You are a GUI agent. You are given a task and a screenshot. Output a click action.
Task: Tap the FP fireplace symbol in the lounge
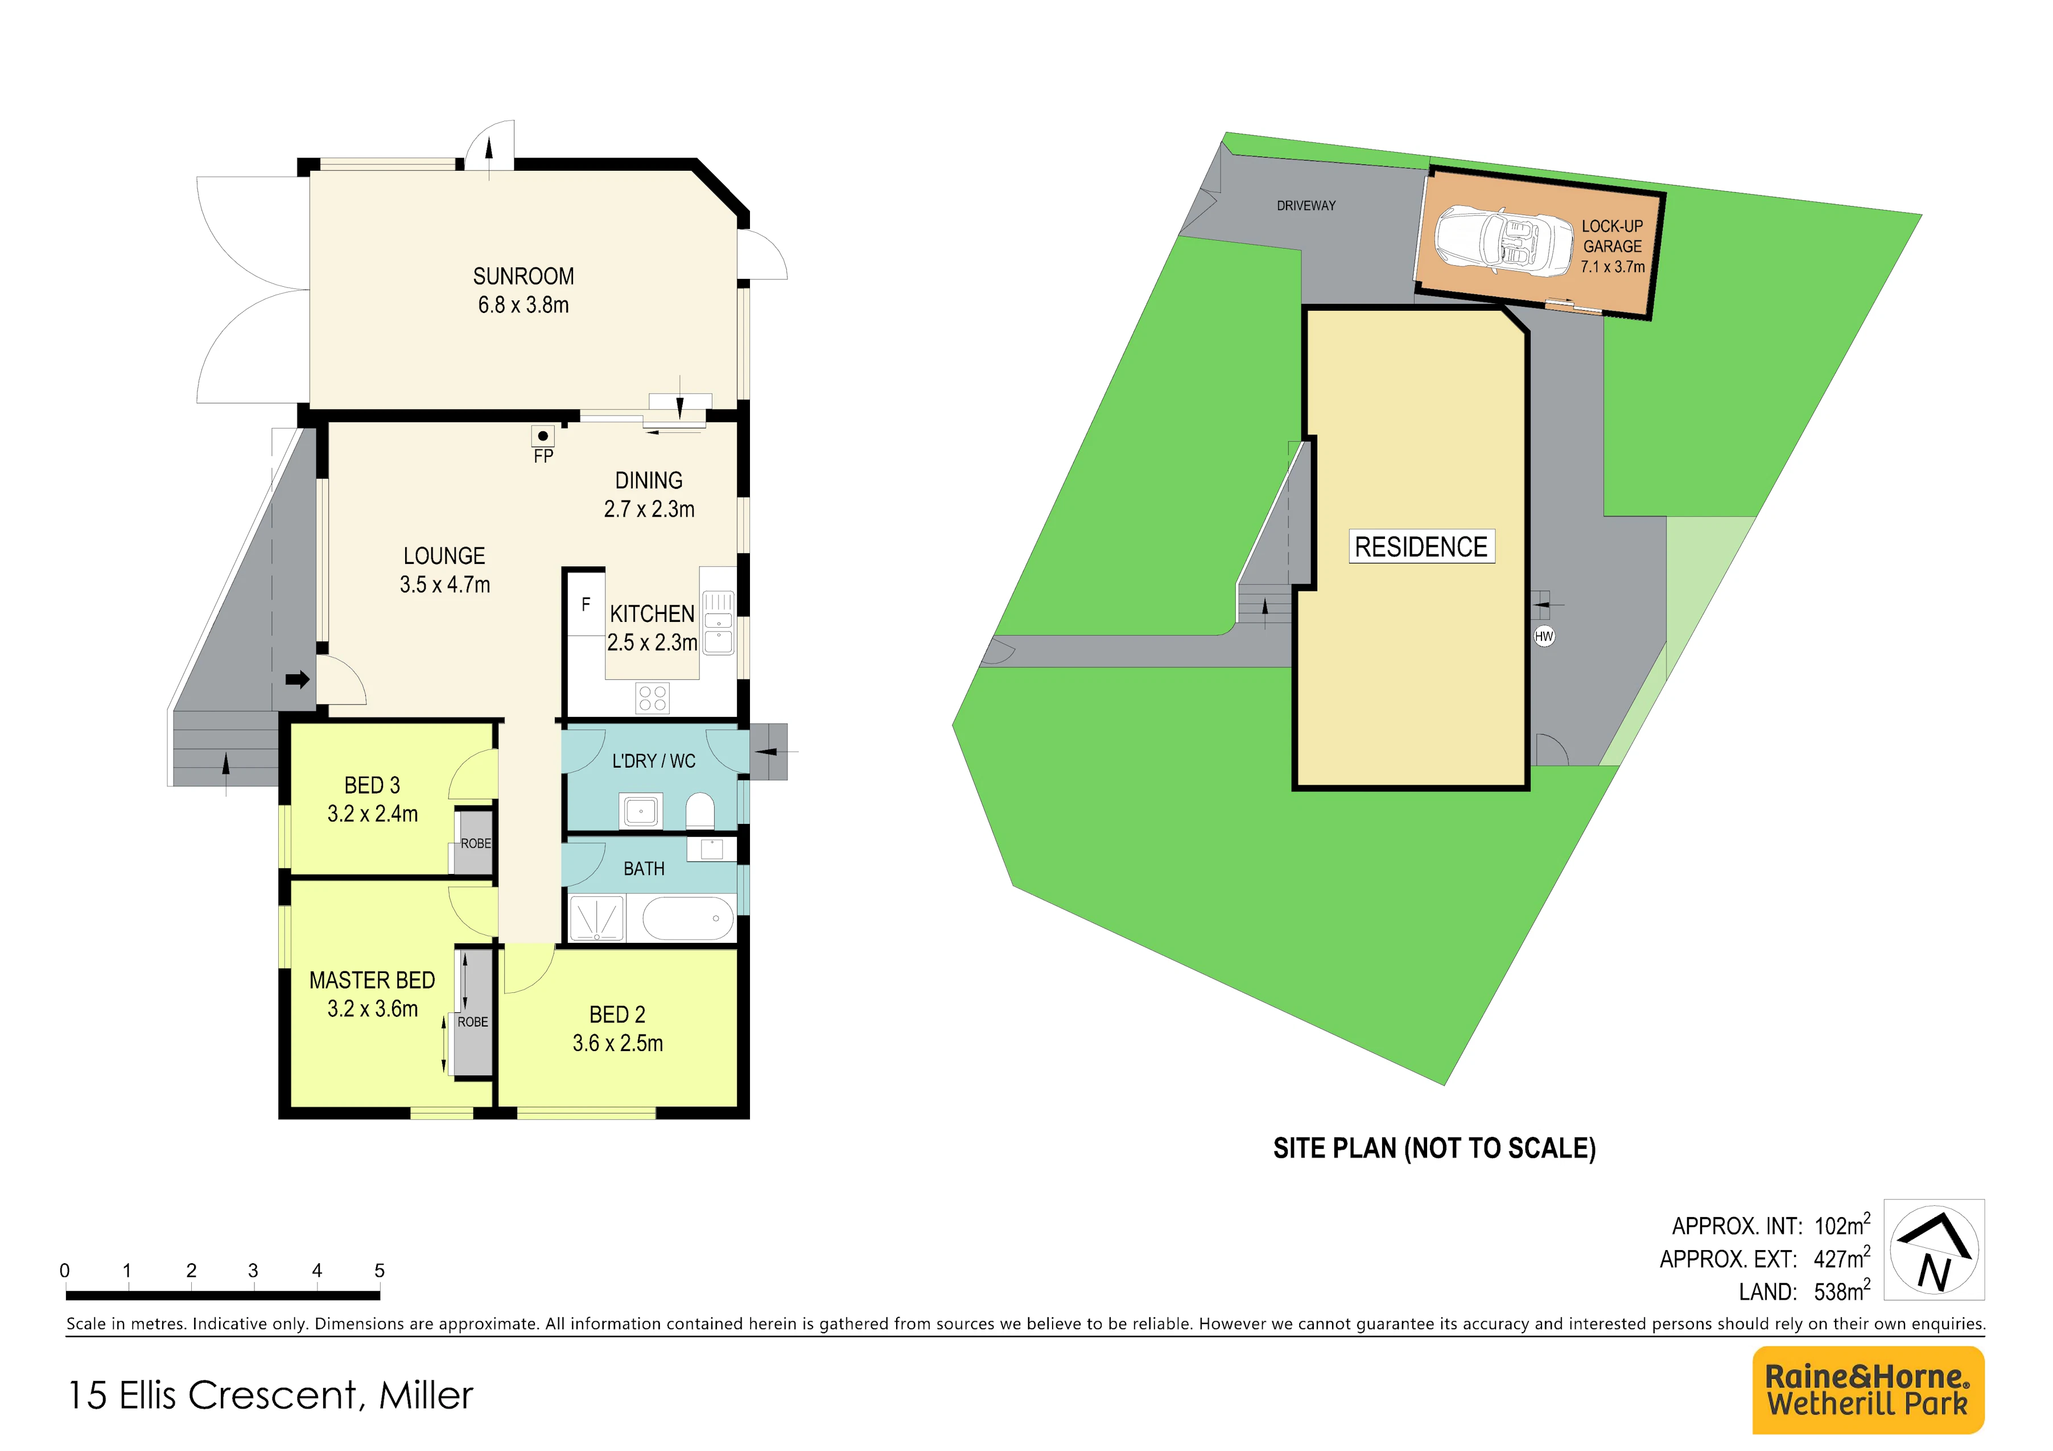[x=543, y=436]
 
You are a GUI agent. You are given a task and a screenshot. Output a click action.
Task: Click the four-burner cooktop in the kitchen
[x=653, y=698]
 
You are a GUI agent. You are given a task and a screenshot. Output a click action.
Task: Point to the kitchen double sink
[x=718, y=623]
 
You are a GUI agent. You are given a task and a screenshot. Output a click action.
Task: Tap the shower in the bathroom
[x=596, y=918]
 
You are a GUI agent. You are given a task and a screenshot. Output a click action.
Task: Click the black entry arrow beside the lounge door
[x=297, y=679]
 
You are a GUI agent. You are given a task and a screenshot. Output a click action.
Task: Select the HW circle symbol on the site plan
[x=1544, y=637]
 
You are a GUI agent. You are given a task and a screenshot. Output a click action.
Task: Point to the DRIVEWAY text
[x=1306, y=205]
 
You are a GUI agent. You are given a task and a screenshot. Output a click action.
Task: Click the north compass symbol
[x=1934, y=1249]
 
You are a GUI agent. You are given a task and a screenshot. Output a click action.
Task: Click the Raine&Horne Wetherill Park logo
[x=1868, y=1390]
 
